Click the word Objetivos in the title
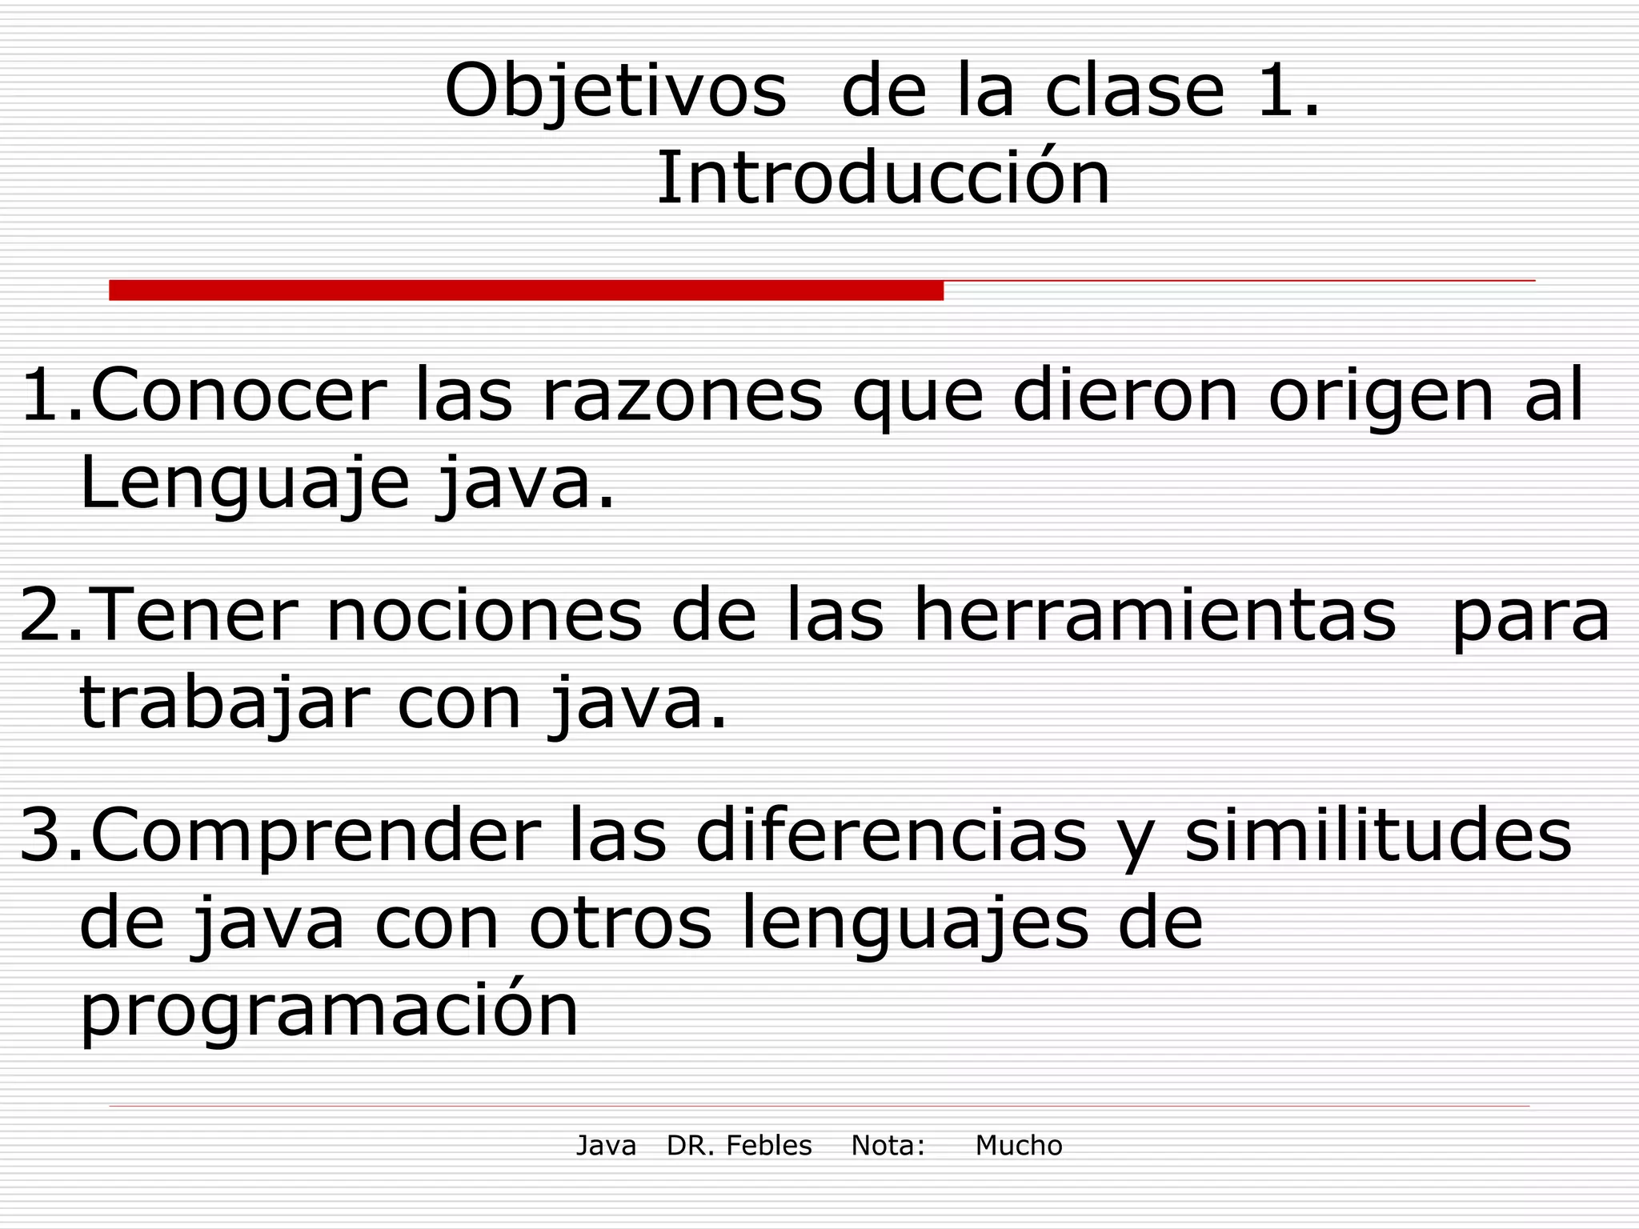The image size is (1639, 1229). [x=615, y=92]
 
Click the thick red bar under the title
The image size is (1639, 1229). [x=526, y=290]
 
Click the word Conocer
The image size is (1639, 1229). [x=238, y=394]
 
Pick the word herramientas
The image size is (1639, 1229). [x=1155, y=614]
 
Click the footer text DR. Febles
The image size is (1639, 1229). [x=739, y=1146]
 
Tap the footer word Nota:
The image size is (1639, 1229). [x=888, y=1146]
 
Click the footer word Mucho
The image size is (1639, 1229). [x=1018, y=1146]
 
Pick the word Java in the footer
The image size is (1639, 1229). [x=606, y=1146]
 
